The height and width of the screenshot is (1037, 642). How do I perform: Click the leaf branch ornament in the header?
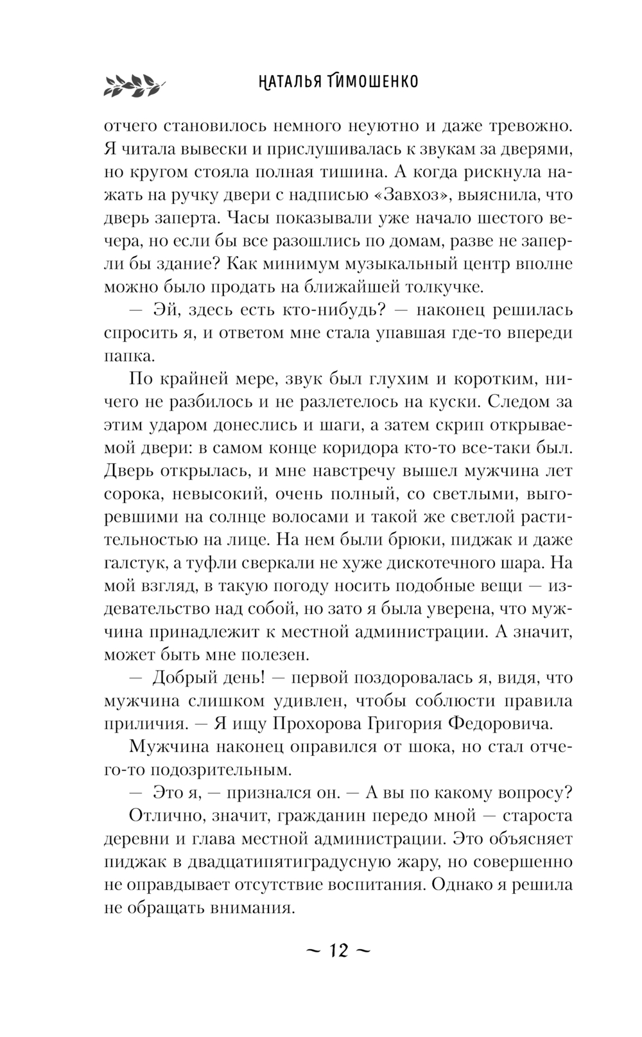point(134,84)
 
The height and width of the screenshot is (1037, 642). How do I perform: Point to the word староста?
point(536,816)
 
